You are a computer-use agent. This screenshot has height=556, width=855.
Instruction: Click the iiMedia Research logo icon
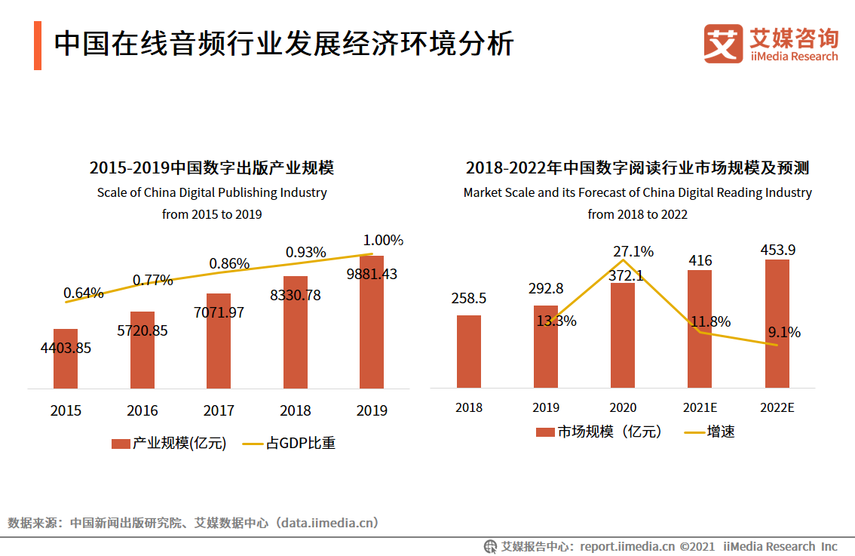[723, 44]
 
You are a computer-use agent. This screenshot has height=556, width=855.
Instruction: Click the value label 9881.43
[372, 274]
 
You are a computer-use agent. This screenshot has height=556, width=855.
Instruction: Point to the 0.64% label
[83, 293]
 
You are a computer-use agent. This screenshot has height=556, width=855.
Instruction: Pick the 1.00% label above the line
[383, 241]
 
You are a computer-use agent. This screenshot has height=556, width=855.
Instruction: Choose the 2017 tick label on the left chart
[219, 411]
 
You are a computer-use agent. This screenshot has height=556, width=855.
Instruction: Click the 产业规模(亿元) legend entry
[170, 444]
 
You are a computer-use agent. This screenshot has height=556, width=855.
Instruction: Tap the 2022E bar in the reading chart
[777, 324]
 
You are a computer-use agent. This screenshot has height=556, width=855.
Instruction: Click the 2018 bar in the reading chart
[469, 352]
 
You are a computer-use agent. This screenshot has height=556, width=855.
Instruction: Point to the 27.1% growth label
[633, 251]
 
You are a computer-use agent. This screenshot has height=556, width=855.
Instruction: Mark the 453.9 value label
[777, 250]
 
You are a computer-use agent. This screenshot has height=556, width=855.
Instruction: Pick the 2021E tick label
[700, 408]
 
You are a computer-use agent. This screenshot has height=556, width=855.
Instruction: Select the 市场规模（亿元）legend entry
[599, 432]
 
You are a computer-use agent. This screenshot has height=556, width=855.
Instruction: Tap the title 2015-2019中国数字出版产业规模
[211, 167]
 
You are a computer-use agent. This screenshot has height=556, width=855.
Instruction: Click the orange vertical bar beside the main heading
[38, 45]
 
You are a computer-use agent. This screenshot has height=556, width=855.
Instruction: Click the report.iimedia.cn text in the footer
[628, 546]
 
